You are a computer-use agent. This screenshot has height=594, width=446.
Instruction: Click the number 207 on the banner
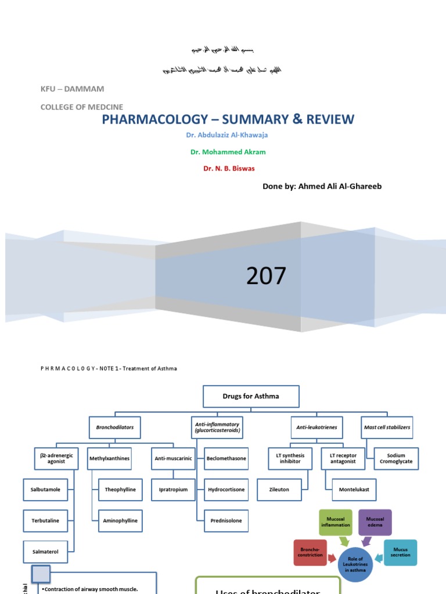pyautogui.click(x=266, y=276)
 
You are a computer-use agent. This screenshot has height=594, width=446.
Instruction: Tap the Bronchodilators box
pyautogui.click(x=115, y=427)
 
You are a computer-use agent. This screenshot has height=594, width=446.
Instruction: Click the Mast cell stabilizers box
pyautogui.click(x=387, y=427)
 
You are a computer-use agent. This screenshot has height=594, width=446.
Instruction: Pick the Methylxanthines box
pyautogui.click(x=109, y=458)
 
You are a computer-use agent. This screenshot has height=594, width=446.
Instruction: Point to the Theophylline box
pyautogui.click(x=120, y=490)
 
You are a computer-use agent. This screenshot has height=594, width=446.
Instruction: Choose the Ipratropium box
pyautogui.click(x=173, y=490)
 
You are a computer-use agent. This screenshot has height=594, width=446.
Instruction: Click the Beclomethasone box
pyautogui.click(x=226, y=458)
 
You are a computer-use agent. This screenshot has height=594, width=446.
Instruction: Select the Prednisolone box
pyautogui.click(x=226, y=521)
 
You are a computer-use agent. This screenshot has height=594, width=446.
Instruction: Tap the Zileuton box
pyautogui.click(x=279, y=490)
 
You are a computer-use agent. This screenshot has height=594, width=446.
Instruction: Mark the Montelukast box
pyautogui.click(x=354, y=490)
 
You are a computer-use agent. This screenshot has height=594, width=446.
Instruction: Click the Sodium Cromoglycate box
pyautogui.click(x=395, y=458)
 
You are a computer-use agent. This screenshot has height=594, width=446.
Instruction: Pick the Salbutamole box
pyautogui.click(x=49, y=490)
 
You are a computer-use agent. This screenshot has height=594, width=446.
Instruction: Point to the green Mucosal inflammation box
pyautogui.click(x=336, y=522)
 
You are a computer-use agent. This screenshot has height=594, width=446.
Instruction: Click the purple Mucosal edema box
pyautogui.click(x=375, y=522)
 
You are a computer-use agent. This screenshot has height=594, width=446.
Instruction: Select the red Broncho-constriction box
pyautogui.click(x=310, y=552)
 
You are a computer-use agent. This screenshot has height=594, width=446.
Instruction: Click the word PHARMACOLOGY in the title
pyautogui.click(x=154, y=119)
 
